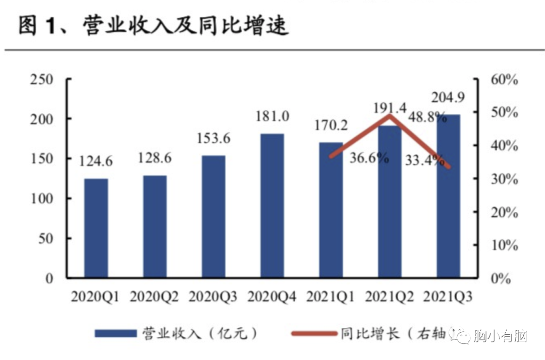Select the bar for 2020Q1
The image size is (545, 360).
96,228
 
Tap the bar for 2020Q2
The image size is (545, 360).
154,226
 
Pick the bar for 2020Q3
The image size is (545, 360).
213,217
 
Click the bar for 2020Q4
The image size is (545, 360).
272,206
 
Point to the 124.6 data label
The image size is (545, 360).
96,162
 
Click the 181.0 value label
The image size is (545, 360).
272,116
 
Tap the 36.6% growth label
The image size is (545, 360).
369,158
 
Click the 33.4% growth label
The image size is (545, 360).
424,161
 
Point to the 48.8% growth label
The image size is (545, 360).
428,117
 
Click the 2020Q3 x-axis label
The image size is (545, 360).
212,297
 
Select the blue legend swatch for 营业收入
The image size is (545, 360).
116,333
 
